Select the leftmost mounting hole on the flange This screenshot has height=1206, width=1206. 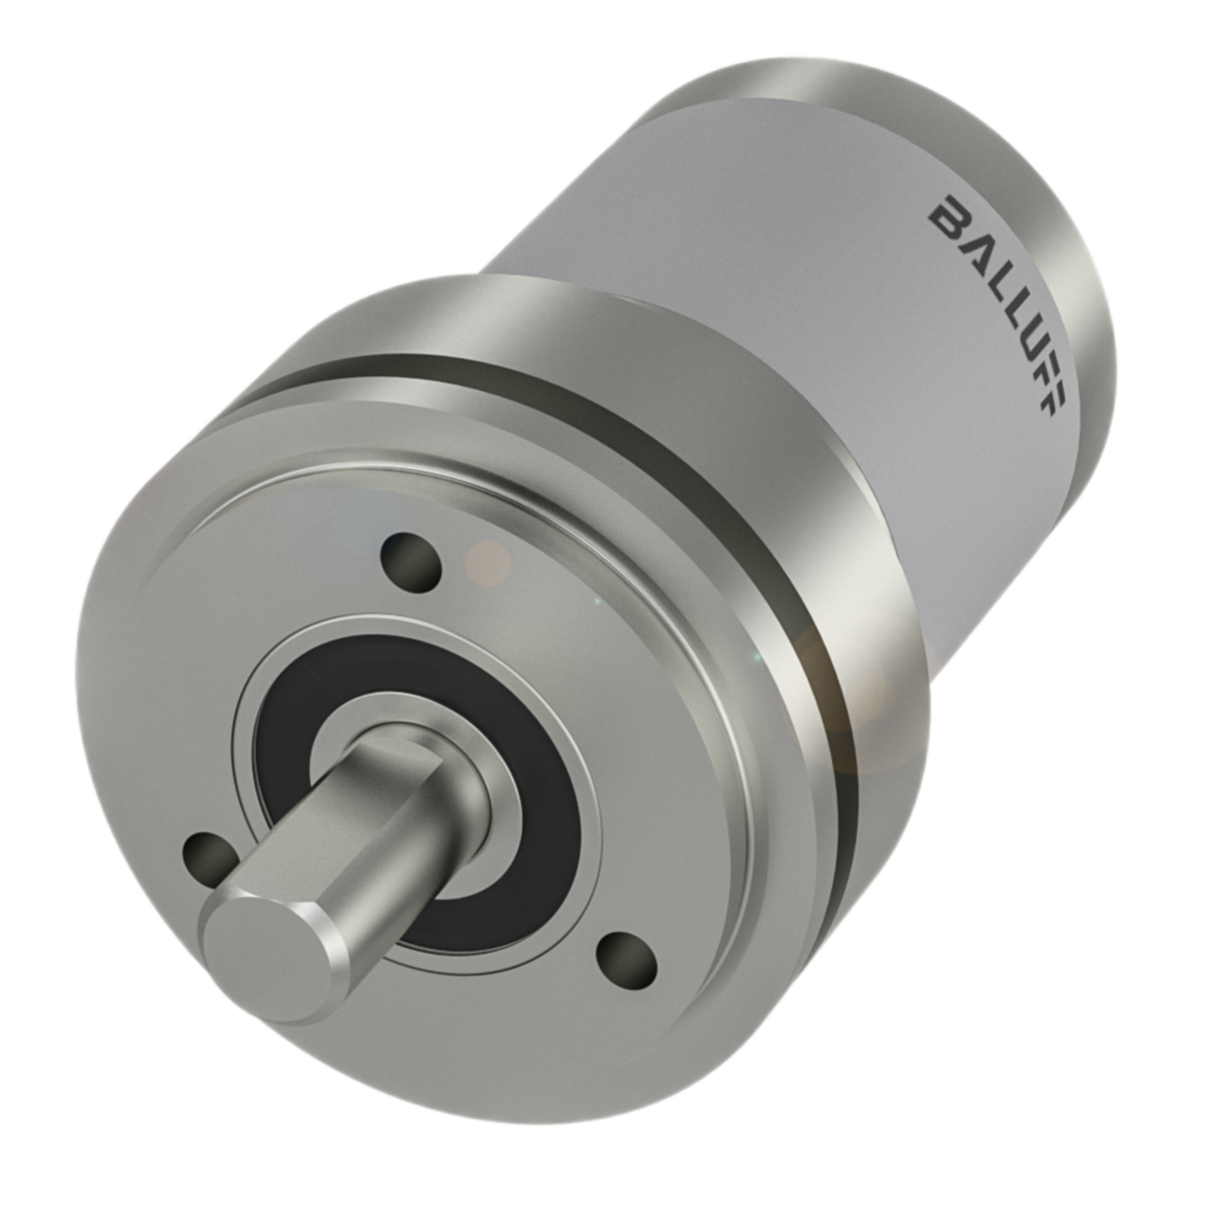coord(211,854)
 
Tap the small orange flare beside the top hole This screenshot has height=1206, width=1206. coord(488,562)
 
